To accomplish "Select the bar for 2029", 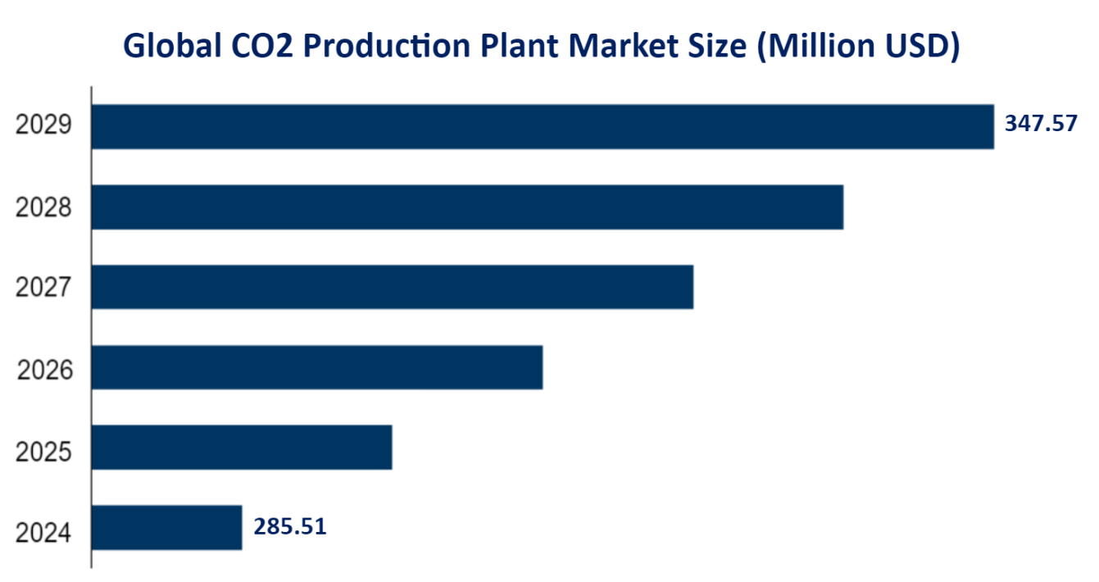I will pos(542,126).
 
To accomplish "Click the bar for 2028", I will pos(467,207).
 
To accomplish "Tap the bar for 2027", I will pos(392,287).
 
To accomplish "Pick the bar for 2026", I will pos(317,367).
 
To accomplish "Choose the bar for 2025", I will pos(242,447).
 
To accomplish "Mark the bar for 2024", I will pos(166,527).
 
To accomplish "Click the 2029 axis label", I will pos(44,126).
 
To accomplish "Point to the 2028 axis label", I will pos(44,207).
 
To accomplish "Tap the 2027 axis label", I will pos(44,288).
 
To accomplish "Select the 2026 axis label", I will pos(45,371).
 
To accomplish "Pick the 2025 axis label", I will pos(44,452).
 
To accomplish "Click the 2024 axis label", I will pos(44,534).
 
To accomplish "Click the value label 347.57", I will pos(1041,124).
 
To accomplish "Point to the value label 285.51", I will pos(290,526).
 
